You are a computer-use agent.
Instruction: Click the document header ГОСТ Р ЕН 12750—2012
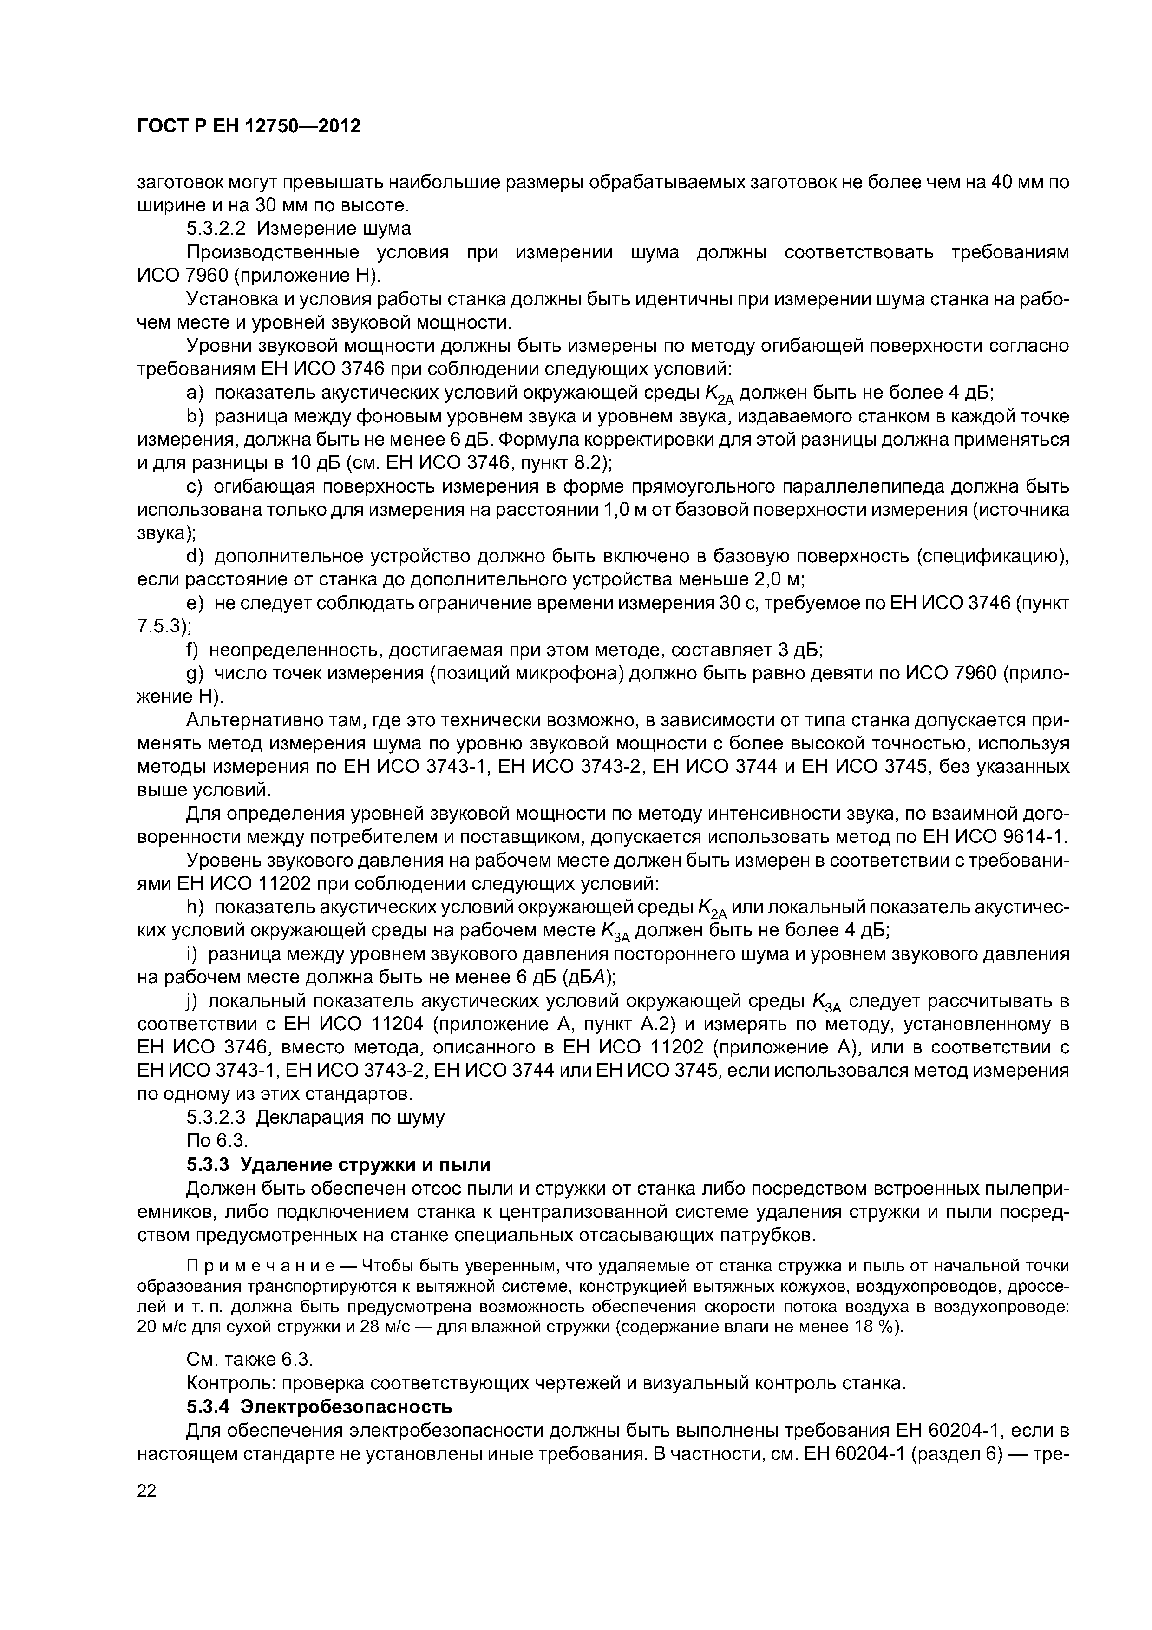[249, 126]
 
